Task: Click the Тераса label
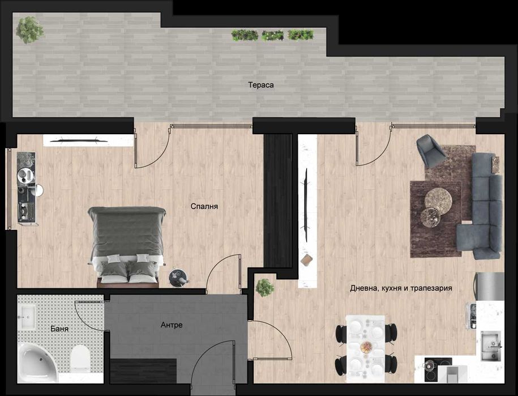point(261,85)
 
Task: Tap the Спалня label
point(204,206)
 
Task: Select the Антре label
point(172,325)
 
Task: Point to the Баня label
point(59,329)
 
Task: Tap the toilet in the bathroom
point(80,357)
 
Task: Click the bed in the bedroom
point(127,246)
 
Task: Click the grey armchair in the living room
point(431,151)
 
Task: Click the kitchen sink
point(491,346)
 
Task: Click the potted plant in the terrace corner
point(29,30)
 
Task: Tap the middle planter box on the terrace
point(272,35)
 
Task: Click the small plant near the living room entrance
point(264,287)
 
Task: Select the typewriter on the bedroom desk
point(27,211)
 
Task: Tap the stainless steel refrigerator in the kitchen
point(489,286)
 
